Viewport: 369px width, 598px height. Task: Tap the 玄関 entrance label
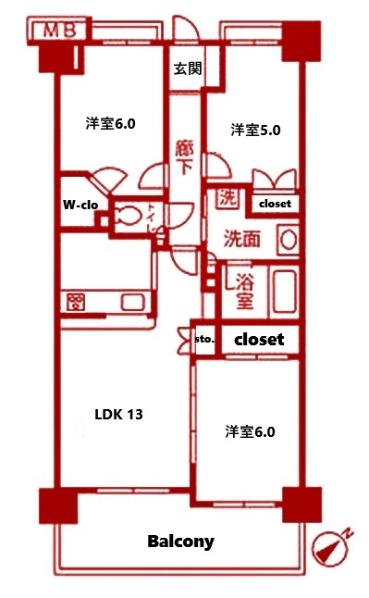click(189, 68)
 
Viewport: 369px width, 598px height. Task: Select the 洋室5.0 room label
click(255, 130)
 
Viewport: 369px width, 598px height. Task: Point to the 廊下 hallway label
click(183, 158)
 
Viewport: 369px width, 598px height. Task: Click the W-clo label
click(81, 204)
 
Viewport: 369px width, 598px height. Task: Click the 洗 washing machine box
click(227, 197)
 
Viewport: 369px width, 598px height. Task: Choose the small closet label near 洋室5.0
click(274, 203)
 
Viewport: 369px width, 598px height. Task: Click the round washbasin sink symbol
click(289, 239)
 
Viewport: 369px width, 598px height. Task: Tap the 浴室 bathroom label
click(244, 289)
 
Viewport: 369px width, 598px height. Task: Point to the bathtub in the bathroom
click(284, 291)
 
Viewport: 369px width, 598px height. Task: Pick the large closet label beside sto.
click(260, 340)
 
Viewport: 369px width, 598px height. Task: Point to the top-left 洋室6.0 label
click(111, 122)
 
